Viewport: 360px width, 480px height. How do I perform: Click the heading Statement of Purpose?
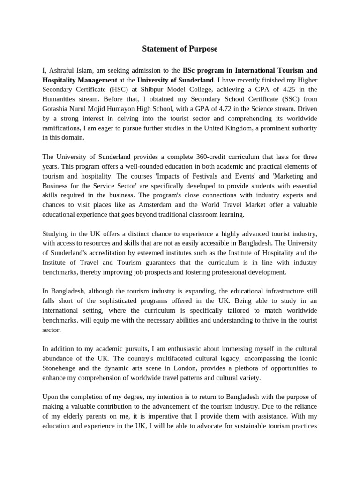click(180, 49)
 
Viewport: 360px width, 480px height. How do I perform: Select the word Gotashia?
click(55, 109)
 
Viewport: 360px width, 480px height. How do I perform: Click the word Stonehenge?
click(60, 368)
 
